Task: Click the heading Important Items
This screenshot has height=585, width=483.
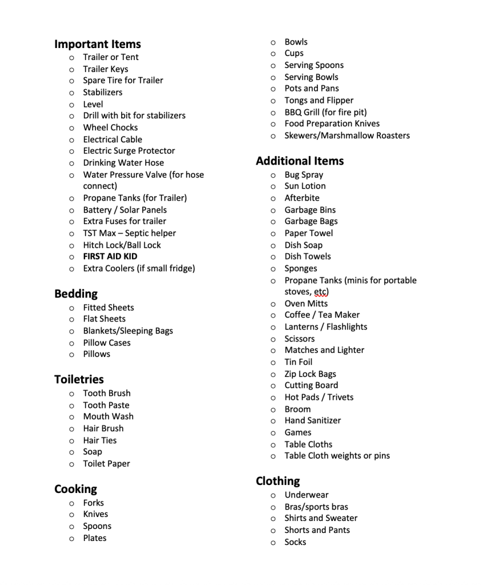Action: pyautogui.click(x=97, y=44)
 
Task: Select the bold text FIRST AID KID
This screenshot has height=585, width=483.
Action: pyautogui.click(x=110, y=257)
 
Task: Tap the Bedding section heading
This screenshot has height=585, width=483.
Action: pyautogui.click(x=76, y=294)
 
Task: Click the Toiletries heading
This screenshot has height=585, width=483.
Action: pyautogui.click(x=79, y=380)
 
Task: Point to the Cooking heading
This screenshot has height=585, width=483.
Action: pyautogui.click(x=75, y=489)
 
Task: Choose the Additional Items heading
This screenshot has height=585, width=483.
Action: pyautogui.click(x=300, y=161)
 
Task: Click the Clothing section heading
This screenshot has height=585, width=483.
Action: pyautogui.click(x=278, y=481)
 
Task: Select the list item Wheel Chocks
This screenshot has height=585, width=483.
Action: pyautogui.click(x=110, y=128)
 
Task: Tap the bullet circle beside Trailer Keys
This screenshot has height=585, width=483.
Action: pyautogui.click(x=71, y=69)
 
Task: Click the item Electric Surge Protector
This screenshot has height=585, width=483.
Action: pyautogui.click(x=129, y=151)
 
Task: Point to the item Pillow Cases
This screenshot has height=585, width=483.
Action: pyautogui.click(x=107, y=343)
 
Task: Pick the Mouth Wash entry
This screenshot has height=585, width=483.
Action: pyautogui.click(x=108, y=416)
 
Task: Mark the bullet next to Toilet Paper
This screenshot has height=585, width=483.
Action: pyautogui.click(x=71, y=464)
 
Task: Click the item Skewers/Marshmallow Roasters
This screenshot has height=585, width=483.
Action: pyautogui.click(x=347, y=136)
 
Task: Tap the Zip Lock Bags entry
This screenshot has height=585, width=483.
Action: pyautogui.click(x=310, y=374)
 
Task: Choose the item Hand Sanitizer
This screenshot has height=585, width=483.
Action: pyautogui.click(x=313, y=420)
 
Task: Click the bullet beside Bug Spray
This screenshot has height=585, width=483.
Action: pyautogui.click(x=273, y=175)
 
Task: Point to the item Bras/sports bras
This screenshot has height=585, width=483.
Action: pyautogui.click(x=316, y=507)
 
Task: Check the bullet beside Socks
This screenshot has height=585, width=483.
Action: pyautogui.click(x=273, y=543)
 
